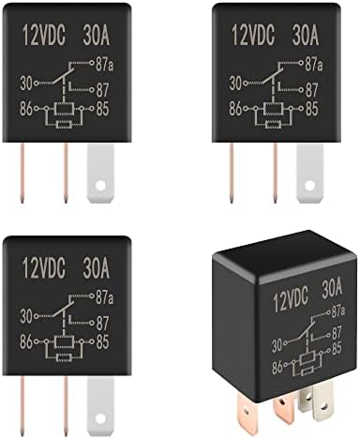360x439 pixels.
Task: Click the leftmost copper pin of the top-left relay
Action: (19, 171)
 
